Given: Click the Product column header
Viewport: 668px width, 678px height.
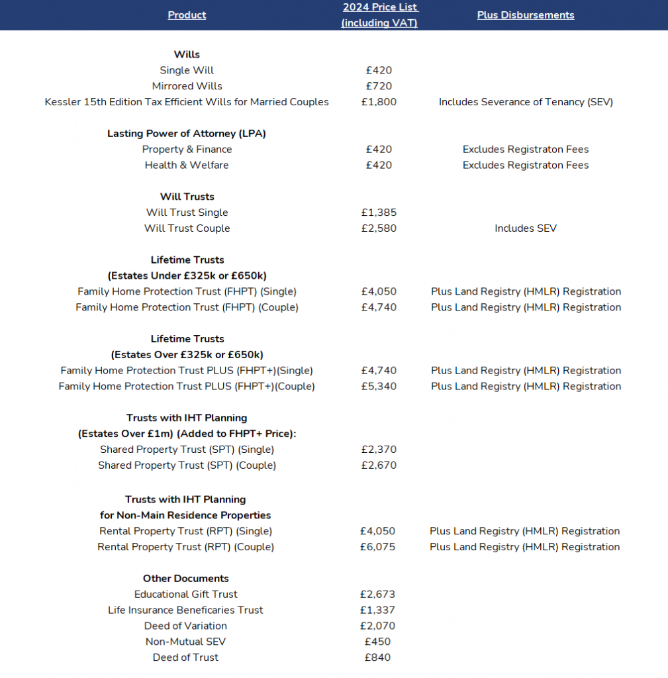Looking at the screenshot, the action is click(187, 15).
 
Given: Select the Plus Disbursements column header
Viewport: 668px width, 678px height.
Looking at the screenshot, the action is click(526, 15).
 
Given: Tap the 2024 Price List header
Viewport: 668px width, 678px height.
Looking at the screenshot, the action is click(379, 15).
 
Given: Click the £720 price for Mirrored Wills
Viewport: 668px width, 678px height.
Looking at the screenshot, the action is click(379, 86).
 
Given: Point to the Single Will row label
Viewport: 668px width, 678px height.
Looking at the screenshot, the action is click(187, 70).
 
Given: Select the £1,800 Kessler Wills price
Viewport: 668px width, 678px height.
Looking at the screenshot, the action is click(379, 102).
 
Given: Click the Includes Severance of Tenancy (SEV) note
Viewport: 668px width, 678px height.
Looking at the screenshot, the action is click(526, 102).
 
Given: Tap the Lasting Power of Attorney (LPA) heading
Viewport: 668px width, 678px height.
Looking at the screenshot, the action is click(187, 134).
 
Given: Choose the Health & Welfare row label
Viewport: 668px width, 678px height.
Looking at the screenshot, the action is click(187, 166).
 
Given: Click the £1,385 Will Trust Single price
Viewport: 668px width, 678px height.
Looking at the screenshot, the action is click(379, 213).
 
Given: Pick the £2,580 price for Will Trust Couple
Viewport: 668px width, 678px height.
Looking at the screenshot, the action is click(379, 228).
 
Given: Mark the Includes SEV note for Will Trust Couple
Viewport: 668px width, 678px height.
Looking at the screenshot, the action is click(526, 228).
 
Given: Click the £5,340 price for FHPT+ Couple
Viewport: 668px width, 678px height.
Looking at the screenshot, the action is click(379, 387).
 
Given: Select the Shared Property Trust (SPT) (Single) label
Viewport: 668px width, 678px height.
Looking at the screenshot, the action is click(187, 450).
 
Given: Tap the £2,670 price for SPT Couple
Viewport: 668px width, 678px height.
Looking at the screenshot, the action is click(379, 465).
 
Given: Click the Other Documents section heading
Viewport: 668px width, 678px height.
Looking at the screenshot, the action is click(186, 579).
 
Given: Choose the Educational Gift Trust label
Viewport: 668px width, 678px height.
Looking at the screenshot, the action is click(186, 595).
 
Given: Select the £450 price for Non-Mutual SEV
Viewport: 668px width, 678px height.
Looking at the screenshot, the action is click(377, 642).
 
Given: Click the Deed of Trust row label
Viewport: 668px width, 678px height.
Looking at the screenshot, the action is click(185, 657).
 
